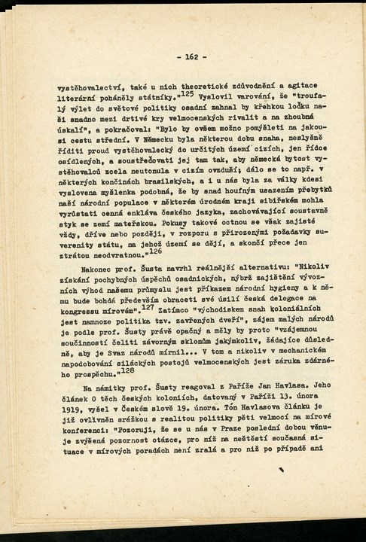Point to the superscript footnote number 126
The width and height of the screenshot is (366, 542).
point(154,251)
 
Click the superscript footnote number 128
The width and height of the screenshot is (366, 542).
point(127,370)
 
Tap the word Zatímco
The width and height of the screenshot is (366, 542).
point(175,309)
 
